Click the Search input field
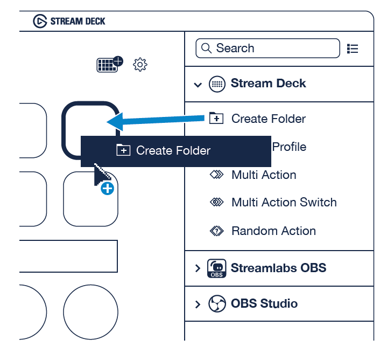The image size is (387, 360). [275, 49]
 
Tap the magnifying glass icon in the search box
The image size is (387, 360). [206, 49]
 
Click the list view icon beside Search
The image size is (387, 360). [353, 49]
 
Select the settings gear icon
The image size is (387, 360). [140, 65]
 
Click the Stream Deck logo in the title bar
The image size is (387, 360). [40, 21]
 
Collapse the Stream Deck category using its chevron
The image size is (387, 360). [198, 85]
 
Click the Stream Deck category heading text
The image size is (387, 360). [268, 84]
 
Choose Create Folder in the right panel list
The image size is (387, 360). [268, 119]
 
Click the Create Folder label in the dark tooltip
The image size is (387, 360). [173, 151]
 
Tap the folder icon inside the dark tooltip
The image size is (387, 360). [123, 150]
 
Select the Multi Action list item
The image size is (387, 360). [263, 175]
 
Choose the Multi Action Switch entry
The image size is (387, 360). [284, 203]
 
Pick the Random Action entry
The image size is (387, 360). [273, 231]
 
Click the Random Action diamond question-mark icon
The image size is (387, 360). [216, 231]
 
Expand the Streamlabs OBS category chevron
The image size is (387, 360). [198, 268]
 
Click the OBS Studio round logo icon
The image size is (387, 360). [216, 303]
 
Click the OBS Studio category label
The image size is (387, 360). [264, 303]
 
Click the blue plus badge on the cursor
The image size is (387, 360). [108, 188]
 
